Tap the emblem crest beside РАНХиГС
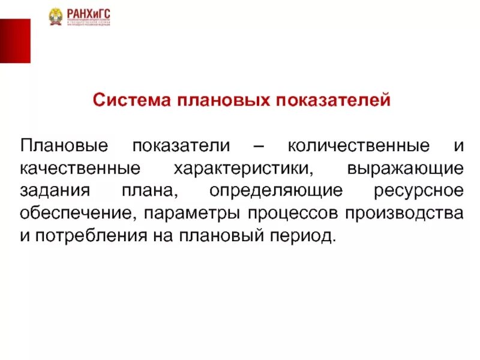(x=57, y=16)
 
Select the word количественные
(x=359, y=146)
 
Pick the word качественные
(x=80, y=168)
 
